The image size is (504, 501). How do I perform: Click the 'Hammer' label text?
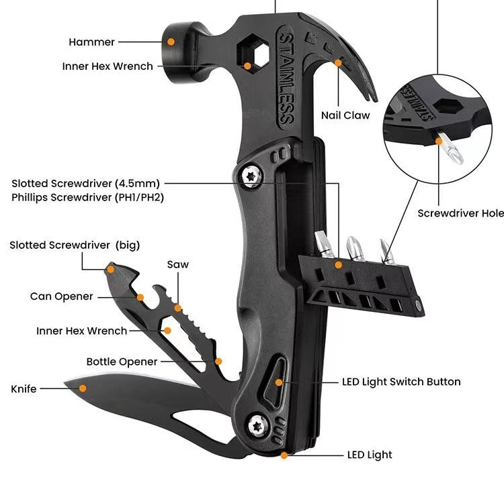91,42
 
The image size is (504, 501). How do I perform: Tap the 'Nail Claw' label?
345,115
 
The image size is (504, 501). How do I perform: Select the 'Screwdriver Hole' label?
460,213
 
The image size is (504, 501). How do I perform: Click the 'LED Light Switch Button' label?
401,382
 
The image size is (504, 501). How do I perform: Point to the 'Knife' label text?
24,388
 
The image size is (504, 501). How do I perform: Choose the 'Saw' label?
178,264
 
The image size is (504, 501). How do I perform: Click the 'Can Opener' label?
61,296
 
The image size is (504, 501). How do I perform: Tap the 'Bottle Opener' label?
122,361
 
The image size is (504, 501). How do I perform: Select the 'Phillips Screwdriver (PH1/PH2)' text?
88,197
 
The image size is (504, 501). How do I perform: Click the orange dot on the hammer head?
171,42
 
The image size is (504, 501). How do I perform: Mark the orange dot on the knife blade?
83,387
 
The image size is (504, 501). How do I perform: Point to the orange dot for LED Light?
284,455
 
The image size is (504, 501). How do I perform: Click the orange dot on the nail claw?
339,64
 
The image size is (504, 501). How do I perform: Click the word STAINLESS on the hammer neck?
286,77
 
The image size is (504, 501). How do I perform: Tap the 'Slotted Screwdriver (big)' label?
75,245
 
